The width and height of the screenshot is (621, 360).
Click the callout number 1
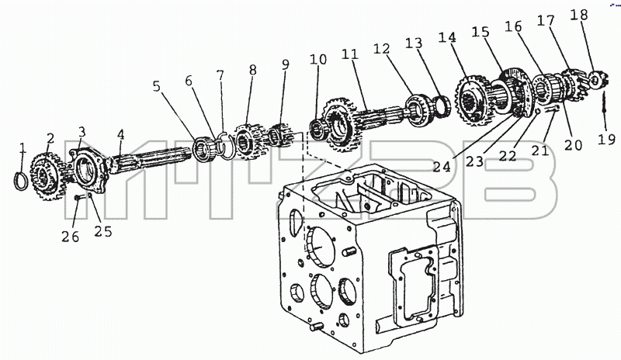point(23,148)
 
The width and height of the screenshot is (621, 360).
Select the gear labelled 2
point(47,176)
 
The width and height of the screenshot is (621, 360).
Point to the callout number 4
point(121,135)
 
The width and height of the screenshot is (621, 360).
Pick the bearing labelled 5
point(204,149)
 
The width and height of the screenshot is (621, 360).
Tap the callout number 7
point(220,74)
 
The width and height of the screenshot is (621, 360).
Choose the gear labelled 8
point(246,142)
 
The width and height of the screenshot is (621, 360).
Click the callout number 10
point(318,59)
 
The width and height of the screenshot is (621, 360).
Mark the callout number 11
point(350,54)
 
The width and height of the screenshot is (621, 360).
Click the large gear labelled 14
point(473,100)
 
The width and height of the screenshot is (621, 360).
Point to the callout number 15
point(480,32)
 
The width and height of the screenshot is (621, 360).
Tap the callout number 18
point(579,15)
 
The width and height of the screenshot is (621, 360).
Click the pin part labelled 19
point(605,104)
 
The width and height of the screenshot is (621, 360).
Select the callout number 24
point(442,167)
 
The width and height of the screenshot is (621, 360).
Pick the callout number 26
point(70,237)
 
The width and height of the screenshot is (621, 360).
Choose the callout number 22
point(508,156)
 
